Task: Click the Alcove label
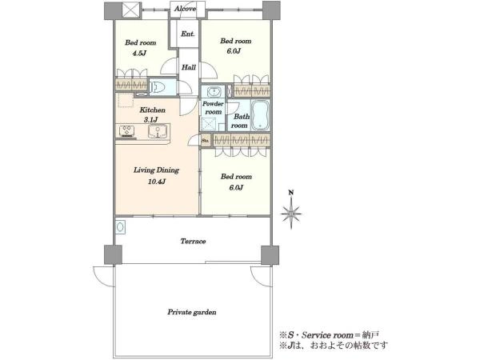185,9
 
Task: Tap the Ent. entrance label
188,34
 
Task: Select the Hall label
189,67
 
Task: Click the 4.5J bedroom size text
139,54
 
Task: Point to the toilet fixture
158,87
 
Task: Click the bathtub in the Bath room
260,115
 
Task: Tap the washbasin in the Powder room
213,91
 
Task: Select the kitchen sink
158,131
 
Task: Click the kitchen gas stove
126,131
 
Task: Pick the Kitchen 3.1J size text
150,120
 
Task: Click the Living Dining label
156,170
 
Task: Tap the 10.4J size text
157,182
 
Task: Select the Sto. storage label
206,141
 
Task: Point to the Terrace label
193,242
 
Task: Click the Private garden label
192,312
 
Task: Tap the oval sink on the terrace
120,227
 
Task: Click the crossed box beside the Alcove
132,10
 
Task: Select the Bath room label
241,121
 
